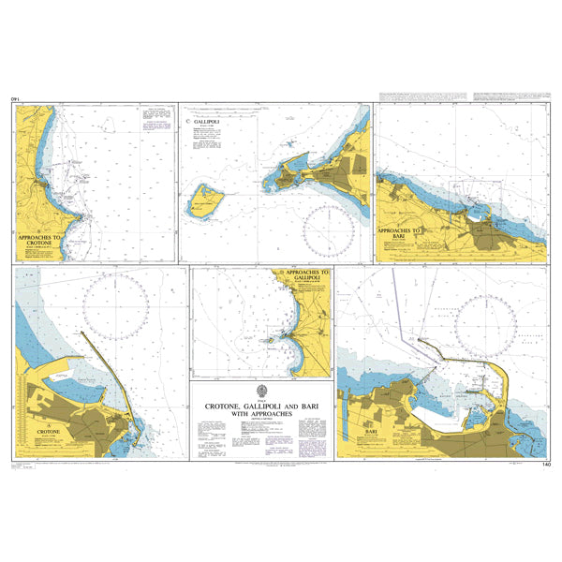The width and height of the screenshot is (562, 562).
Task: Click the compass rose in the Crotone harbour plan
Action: click(116, 310)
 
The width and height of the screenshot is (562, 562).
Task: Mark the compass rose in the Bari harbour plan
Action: click(483, 327)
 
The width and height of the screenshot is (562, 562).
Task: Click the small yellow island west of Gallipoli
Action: click(206, 201)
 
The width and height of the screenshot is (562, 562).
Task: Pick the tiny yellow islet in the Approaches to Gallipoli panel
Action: click(271, 341)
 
